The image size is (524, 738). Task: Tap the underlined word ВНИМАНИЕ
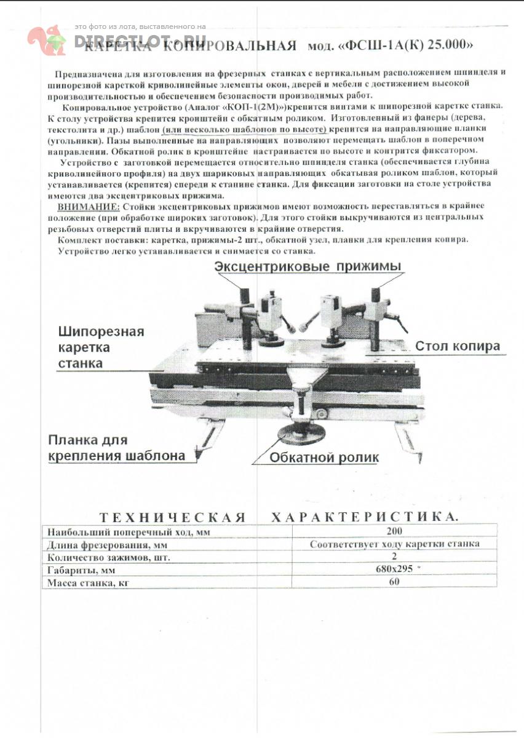[x=85, y=207]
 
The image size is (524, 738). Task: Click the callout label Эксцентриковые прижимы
[x=308, y=266]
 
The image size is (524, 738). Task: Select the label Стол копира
[x=458, y=346]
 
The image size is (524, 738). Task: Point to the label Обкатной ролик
[x=324, y=458]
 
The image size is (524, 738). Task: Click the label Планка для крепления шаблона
[x=117, y=448]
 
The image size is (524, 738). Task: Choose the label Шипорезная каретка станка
[x=101, y=347]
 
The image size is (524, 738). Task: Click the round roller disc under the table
[x=300, y=435]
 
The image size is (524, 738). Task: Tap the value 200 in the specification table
[x=395, y=531]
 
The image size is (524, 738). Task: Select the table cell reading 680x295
[x=394, y=568]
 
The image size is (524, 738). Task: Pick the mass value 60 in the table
[x=394, y=581]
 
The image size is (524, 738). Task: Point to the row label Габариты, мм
[x=82, y=570]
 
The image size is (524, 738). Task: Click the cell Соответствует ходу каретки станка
[x=394, y=544]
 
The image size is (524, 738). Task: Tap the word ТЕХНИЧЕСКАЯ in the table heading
[x=173, y=517]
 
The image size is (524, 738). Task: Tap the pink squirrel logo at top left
[x=47, y=39]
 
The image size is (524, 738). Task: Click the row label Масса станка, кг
[x=90, y=582]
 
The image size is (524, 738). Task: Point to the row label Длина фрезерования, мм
[x=107, y=545]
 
